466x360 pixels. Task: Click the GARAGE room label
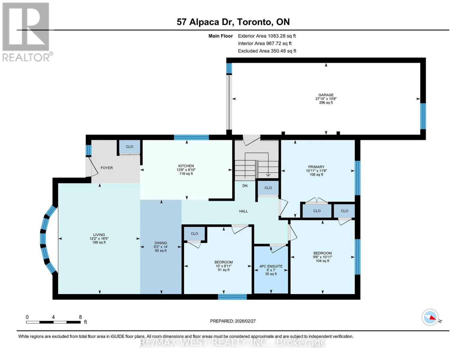click(x=326, y=95)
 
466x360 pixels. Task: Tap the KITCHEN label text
click(x=186, y=166)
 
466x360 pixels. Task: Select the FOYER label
click(x=107, y=168)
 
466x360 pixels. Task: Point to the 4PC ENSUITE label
click(x=271, y=266)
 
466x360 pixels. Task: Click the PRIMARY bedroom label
click(x=316, y=167)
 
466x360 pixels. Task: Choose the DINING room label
click(x=161, y=243)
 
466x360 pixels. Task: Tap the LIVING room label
click(x=99, y=235)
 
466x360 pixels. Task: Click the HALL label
click(x=243, y=211)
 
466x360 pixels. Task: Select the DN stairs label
click(x=245, y=186)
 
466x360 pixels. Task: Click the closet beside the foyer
click(x=130, y=147)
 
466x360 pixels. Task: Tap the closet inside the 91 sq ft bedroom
click(x=194, y=233)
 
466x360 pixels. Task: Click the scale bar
click(x=53, y=322)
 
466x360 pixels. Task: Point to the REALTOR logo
click(x=27, y=32)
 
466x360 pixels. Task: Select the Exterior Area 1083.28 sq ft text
click(x=267, y=36)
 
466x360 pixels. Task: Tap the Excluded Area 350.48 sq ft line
click(x=267, y=51)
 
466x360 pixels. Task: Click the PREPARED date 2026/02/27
click(x=233, y=321)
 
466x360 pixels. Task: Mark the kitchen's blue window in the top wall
click(x=191, y=137)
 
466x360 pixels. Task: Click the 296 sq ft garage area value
click(x=326, y=103)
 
